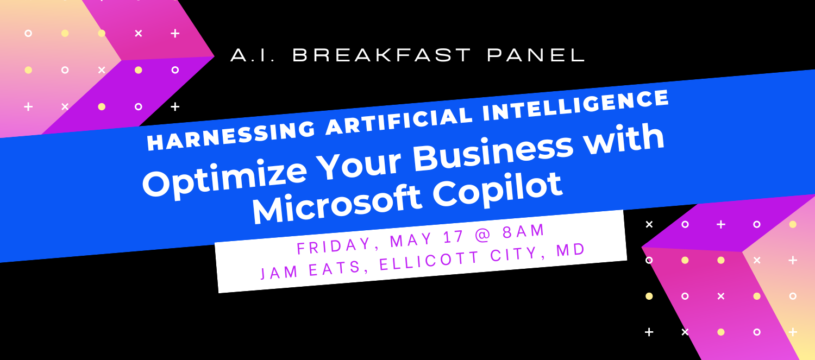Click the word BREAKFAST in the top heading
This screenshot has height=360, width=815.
point(382,55)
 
